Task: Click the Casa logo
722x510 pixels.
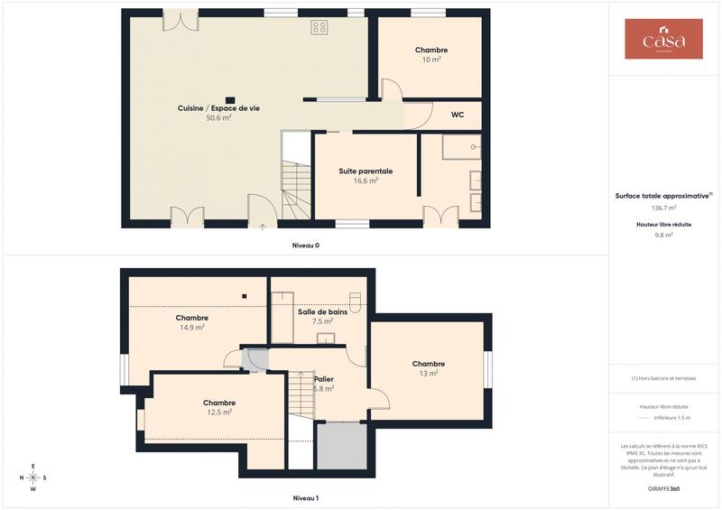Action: [x=663, y=40]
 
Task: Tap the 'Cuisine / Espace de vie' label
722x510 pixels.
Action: [x=218, y=108]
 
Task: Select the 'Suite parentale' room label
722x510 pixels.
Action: [x=366, y=171]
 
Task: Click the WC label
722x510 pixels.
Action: [x=458, y=115]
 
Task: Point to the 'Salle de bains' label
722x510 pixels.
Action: [x=322, y=311]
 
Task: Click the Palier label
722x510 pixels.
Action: [x=324, y=379]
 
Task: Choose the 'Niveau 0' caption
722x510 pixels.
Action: [x=306, y=246]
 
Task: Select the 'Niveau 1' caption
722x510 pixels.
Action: [x=306, y=497]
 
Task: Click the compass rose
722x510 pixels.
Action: [x=33, y=478]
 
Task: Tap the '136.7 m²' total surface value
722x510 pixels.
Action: [x=663, y=208]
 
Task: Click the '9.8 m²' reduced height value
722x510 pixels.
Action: [x=663, y=235]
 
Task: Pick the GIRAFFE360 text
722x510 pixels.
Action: [x=663, y=487]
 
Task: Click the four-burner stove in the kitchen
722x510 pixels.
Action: [x=319, y=27]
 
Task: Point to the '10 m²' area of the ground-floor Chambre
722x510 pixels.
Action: [x=431, y=60]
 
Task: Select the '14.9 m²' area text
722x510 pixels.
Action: [x=192, y=328]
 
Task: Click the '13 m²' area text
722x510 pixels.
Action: [x=429, y=374]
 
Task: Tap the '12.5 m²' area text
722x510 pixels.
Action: [x=219, y=413]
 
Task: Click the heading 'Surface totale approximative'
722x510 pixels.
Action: [x=663, y=195]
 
